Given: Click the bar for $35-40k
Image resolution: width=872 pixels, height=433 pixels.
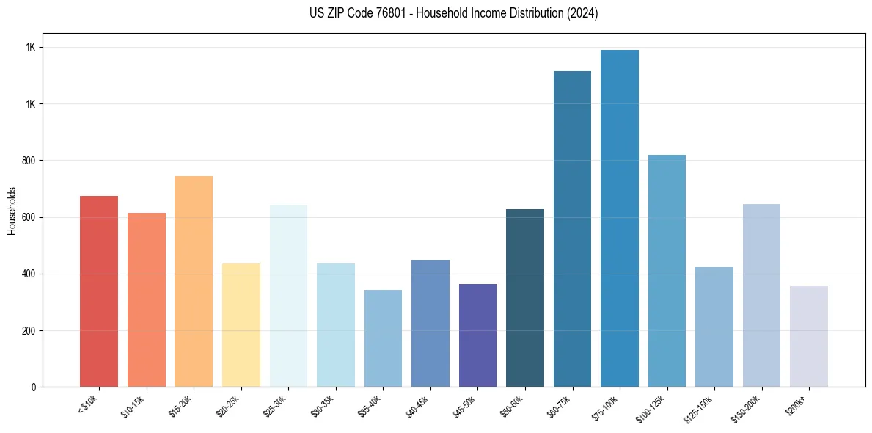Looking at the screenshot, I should (x=383, y=338).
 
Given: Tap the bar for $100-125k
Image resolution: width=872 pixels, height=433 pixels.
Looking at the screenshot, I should (x=667, y=271).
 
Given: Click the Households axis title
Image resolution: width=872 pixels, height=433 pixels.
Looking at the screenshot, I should (x=12, y=210).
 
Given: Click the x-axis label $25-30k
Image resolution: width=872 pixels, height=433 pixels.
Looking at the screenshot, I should (x=276, y=406).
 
